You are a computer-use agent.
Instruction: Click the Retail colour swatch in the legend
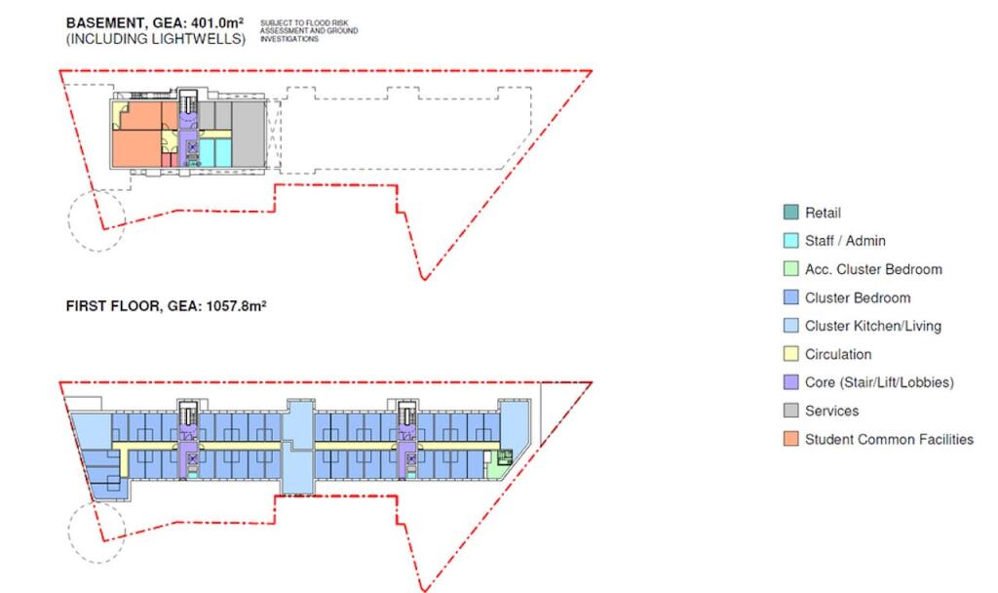790,212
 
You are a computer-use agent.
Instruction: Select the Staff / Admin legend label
845,241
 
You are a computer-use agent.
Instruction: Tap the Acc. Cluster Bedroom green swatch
790,269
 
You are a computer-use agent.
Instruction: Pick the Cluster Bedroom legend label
858,297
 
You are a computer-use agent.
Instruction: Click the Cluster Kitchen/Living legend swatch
790,326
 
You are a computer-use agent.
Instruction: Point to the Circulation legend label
837,354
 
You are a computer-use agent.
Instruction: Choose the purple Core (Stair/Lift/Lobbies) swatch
790,382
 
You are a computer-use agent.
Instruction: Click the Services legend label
831,411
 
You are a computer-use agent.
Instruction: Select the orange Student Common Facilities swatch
790,439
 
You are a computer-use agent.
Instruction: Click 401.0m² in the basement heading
217,23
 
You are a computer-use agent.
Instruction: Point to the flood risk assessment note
309,30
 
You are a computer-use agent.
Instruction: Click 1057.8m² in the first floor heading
236,305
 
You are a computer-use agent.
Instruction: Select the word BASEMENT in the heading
106,23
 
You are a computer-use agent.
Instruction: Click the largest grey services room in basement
249,134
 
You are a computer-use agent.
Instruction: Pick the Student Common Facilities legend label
889,439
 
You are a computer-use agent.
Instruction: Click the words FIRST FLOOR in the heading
113,305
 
